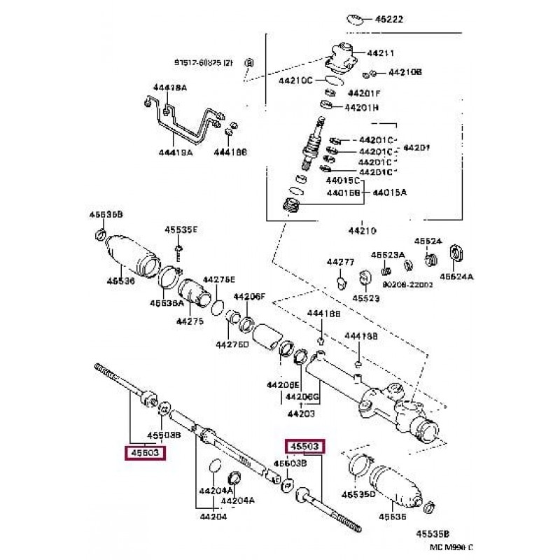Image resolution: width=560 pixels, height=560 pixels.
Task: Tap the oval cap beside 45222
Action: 356,19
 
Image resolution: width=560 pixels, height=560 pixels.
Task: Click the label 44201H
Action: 360,108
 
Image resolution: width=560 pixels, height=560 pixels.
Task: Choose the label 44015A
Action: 389,191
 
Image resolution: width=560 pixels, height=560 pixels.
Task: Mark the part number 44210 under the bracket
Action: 362,229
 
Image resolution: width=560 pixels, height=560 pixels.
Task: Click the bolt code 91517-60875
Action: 204,62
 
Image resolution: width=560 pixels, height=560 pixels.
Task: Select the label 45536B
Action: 106,214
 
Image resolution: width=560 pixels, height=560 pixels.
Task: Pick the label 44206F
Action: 250,296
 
